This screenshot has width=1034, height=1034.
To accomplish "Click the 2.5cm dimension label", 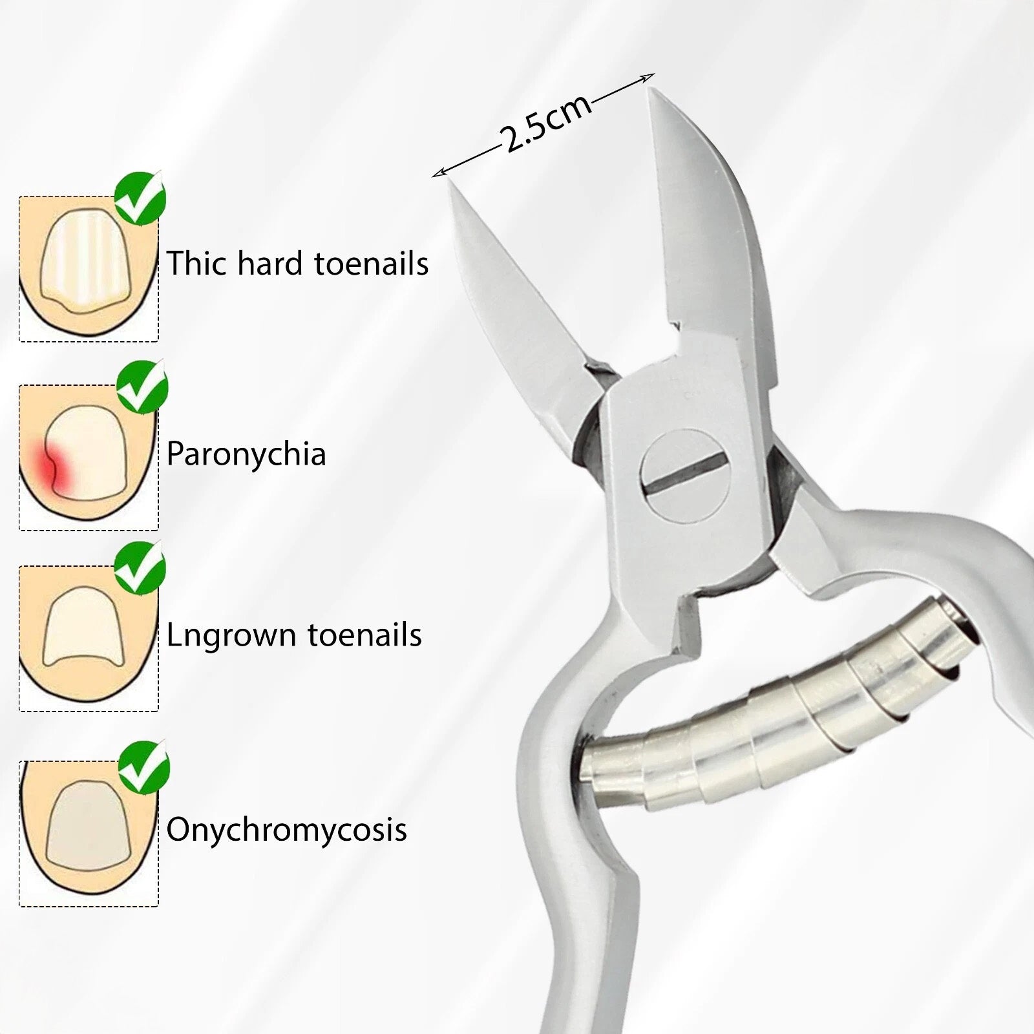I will (x=547, y=123).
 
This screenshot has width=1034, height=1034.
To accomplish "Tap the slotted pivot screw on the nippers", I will (x=684, y=475).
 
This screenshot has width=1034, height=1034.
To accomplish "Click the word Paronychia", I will (x=246, y=454).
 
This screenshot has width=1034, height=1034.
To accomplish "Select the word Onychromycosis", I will (x=286, y=830).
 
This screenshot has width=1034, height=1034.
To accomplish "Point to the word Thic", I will (x=198, y=263).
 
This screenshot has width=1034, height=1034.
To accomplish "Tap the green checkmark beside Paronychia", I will (x=142, y=386).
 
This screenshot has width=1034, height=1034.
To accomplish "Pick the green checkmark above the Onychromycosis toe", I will (x=143, y=767).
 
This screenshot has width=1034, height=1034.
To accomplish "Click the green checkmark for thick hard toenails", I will (x=140, y=198).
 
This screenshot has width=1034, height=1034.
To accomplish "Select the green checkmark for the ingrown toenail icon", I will (x=140, y=567).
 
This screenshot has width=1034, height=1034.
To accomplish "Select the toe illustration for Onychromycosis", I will (x=88, y=834).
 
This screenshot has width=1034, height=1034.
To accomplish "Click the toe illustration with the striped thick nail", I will (x=88, y=268).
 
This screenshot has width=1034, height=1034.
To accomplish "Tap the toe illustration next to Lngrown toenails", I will (x=88, y=638).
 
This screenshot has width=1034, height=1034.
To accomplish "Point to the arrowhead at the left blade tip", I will (x=438, y=173).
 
